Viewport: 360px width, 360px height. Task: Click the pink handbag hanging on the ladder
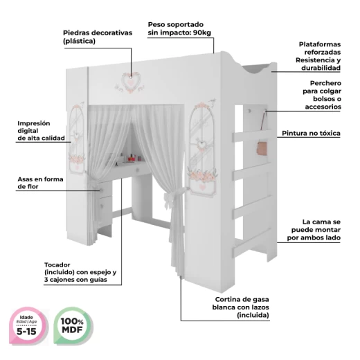262,148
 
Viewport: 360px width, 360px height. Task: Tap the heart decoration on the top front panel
131,81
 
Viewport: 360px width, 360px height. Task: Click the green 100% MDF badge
73,326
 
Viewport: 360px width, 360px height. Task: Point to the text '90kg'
202,33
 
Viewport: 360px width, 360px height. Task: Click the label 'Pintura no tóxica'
311,133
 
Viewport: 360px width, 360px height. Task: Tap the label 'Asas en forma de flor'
40,183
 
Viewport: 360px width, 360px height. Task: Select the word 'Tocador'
57,264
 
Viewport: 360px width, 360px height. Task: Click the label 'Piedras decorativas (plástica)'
98,37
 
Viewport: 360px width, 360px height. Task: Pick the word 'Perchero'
325,83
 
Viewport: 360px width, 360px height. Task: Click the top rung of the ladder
252,136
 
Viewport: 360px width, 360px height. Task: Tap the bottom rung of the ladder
252,245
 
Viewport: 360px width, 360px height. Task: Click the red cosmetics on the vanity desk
132,158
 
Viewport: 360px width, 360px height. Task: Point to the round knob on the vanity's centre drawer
138,170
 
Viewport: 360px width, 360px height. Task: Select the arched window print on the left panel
76,138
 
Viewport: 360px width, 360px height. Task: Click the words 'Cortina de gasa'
242,300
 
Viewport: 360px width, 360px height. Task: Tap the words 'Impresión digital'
34,127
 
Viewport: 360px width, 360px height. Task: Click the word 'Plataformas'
320,44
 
